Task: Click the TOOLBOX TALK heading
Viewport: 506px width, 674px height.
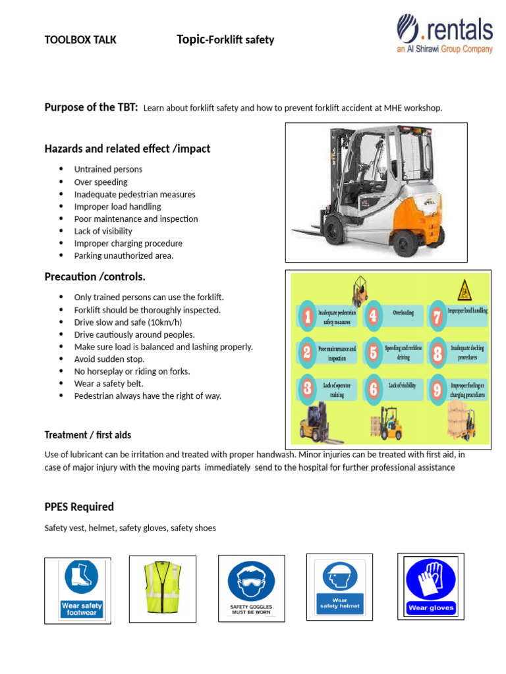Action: [x=80, y=40]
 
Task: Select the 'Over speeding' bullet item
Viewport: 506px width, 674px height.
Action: [x=101, y=182]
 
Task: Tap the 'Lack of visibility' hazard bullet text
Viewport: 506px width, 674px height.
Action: [x=103, y=231]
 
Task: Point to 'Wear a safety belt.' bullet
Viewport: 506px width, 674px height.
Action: [x=108, y=384]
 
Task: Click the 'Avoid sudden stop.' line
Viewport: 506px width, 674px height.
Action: [x=109, y=359]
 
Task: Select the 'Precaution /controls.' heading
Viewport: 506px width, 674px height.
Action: [x=95, y=276]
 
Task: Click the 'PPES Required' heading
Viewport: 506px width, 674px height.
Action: [x=79, y=507]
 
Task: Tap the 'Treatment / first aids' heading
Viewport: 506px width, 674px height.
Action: [x=88, y=435]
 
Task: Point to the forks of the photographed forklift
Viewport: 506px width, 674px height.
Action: [x=311, y=232]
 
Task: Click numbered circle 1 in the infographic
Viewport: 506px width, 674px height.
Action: [x=306, y=318]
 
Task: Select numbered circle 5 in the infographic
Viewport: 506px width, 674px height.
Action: [x=373, y=352]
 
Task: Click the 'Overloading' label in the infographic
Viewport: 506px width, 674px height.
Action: [x=403, y=313]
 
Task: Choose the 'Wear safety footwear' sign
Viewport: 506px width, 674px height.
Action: [x=81, y=588]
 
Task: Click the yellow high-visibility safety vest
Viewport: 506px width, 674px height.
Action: [x=162, y=588]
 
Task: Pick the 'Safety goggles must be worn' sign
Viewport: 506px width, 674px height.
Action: [x=251, y=588]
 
